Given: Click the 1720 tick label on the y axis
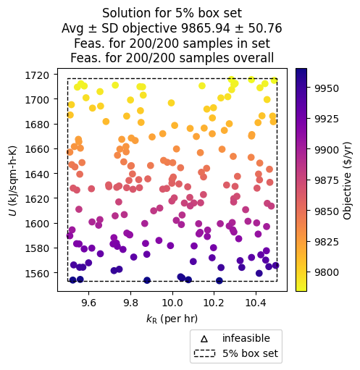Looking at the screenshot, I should (x=40, y=75).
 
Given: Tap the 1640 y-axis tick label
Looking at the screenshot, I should (x=40, y=174).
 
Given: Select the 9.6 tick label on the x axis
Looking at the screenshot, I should (x=88, y=305).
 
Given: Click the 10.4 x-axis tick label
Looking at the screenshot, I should (x=256, y=305).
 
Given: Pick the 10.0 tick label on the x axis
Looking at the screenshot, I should (x=172, y=305).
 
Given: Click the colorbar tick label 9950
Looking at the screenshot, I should (x=326, y=88).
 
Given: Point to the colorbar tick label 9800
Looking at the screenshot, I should (x=326, y=272).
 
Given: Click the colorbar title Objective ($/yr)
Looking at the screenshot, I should (x=347, y=180).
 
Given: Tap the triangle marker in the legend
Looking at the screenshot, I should (x=204, y=339).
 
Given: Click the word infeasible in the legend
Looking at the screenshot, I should (x=246, y=339).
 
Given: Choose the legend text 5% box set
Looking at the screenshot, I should (x=250, y=354).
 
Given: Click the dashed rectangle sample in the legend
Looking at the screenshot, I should (x=204, y=354).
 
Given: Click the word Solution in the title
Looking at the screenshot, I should (x=125, y=13).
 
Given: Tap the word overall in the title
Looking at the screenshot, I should (x=253, y=58).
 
